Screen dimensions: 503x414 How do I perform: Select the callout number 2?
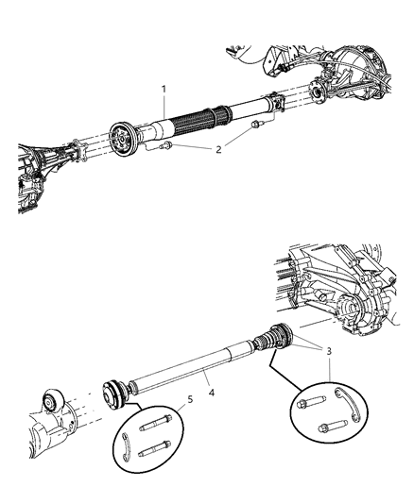coord(219,149)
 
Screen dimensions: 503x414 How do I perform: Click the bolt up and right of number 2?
coord(256,125)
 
